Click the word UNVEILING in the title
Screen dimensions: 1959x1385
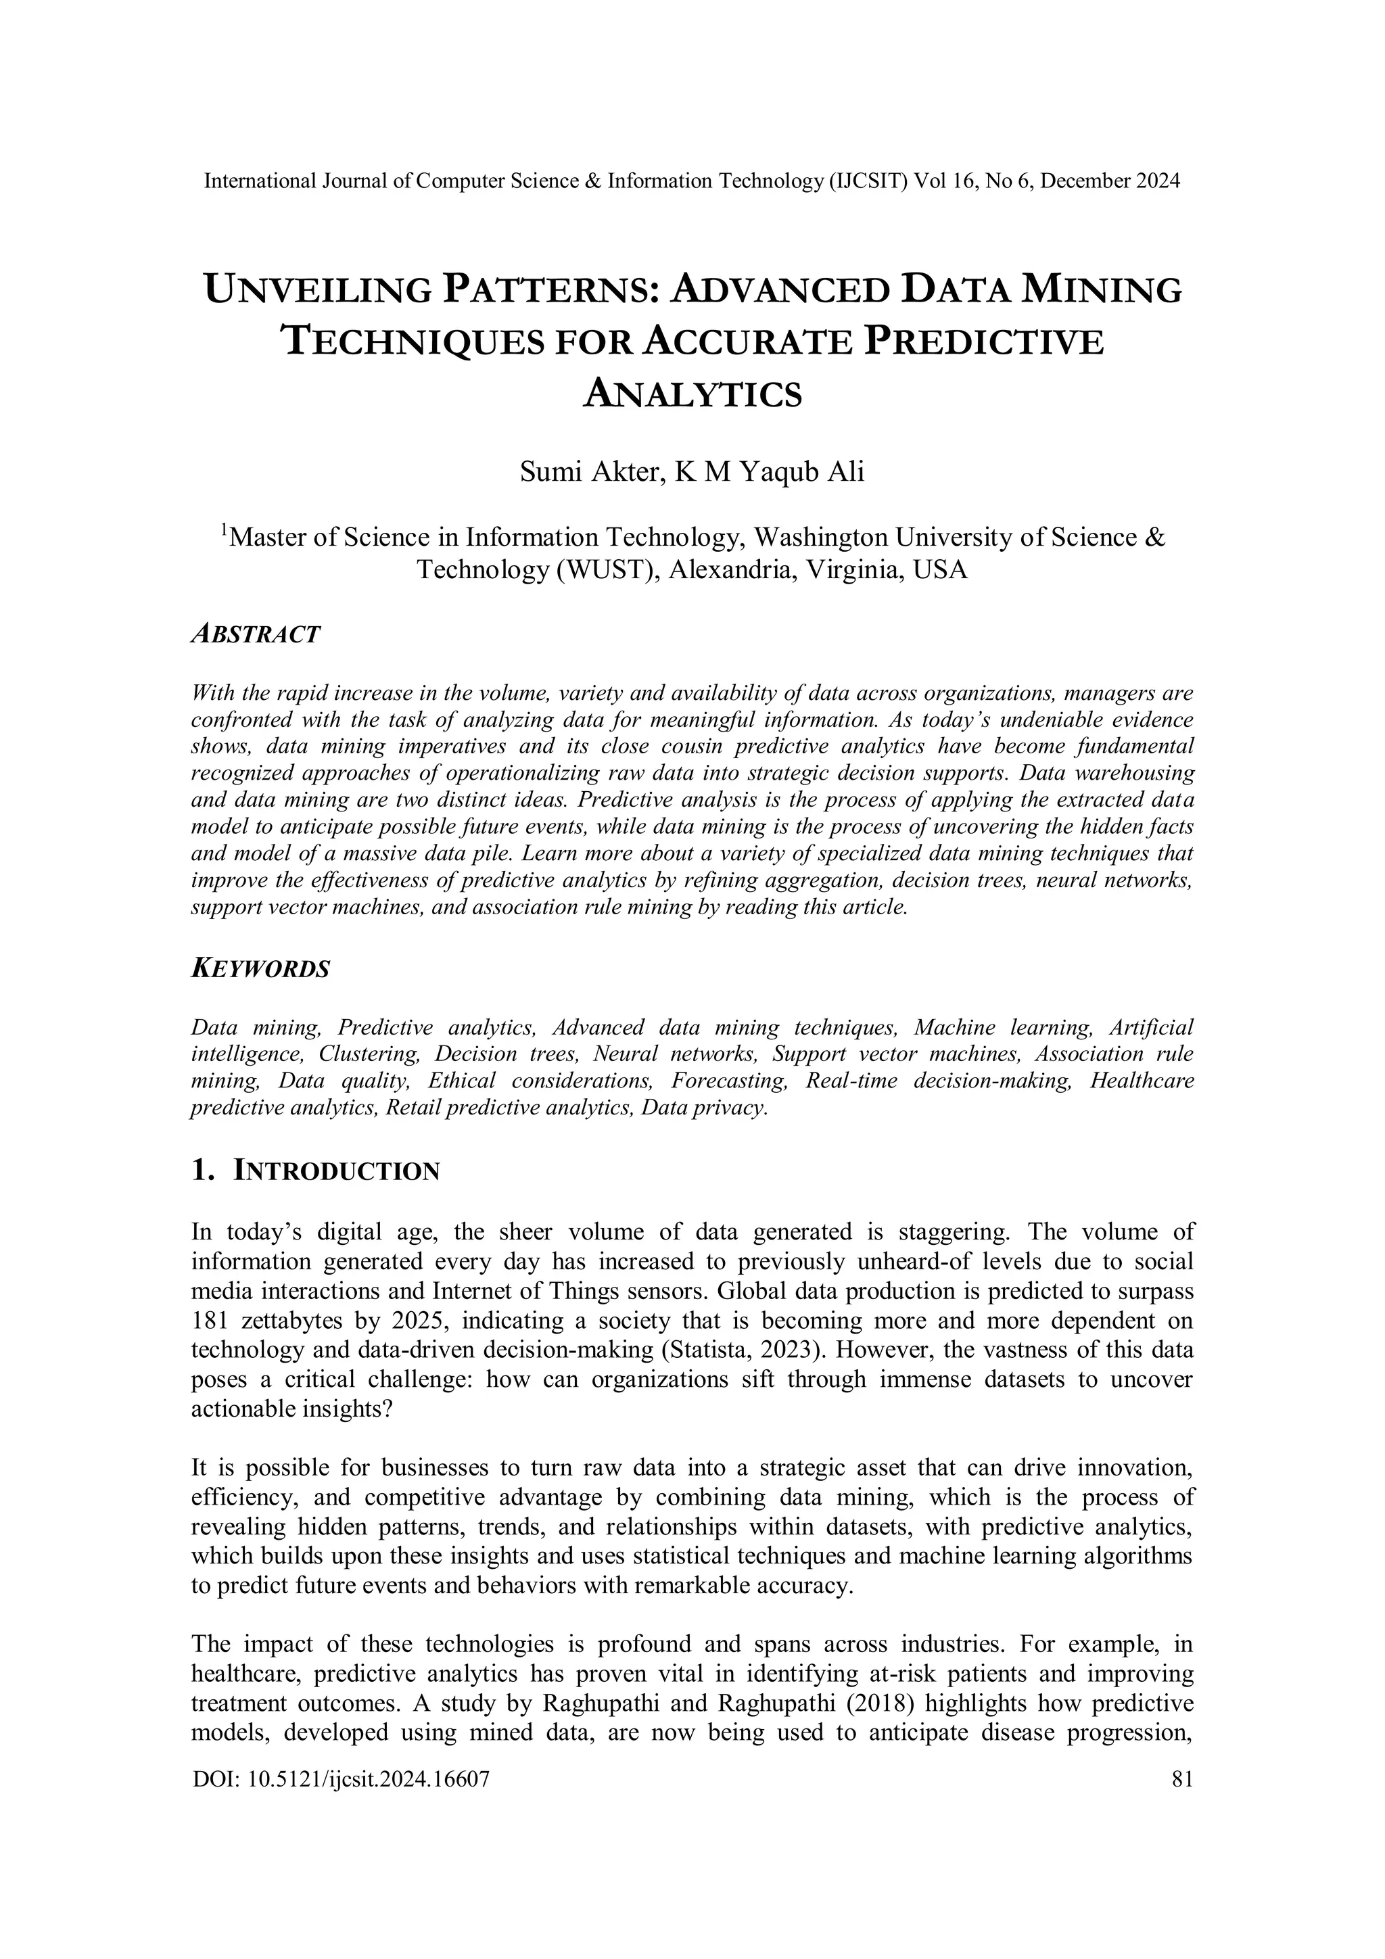[x=319, y=290]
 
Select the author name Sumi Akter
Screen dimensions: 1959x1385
[x=590, y=472]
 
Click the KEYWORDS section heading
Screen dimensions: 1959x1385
[x=260, y=969]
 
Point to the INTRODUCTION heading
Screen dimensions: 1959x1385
[x=336, y=1171]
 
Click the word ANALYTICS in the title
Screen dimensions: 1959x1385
[x=692, y=395]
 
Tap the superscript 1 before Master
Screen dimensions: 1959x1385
[x=225, y=530]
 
